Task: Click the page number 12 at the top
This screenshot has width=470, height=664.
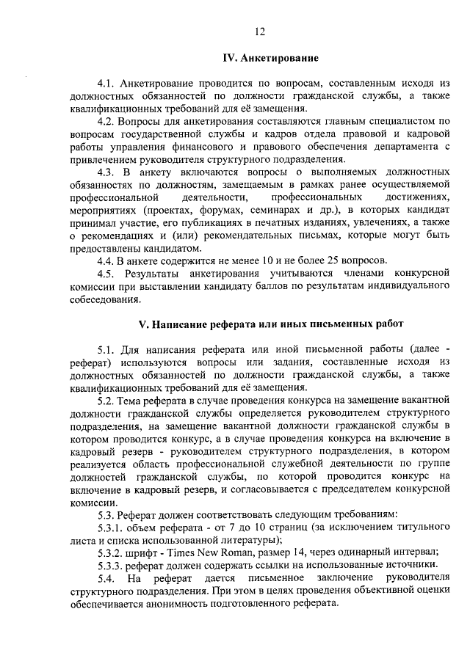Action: pos(259,31)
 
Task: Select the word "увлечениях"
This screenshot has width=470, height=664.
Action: pos(378,222)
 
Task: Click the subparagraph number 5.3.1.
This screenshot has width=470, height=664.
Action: pos(111,528)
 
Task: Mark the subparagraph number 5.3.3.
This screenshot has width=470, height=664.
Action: pos(111,565)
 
